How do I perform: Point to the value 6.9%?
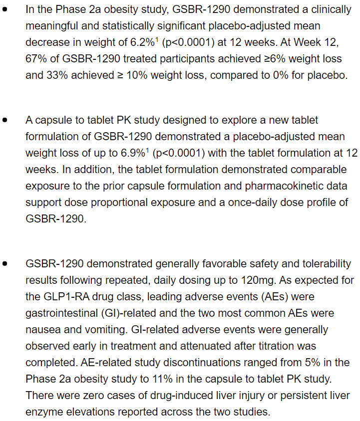(x=138, y=153)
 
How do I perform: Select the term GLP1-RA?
(x=68, y=297)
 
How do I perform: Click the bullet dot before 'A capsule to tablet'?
(x=5, y=120)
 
